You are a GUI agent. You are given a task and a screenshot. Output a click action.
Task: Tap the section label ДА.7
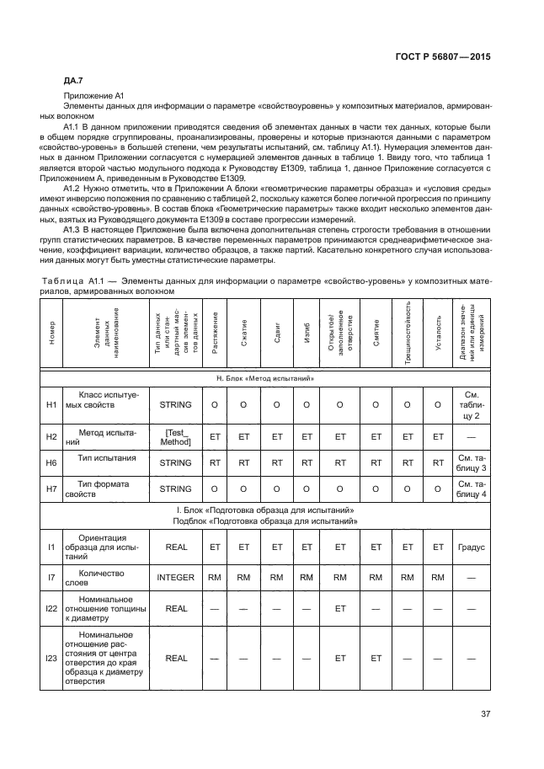[x=74, y=80]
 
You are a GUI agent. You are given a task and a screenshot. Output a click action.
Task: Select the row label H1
[x=51, y=405]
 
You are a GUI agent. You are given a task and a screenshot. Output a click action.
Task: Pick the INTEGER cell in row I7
[x=175, y=578]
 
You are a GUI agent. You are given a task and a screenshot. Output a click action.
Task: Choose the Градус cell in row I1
[x=471, y=547]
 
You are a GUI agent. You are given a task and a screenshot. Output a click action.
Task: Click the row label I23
[x=51, y=659]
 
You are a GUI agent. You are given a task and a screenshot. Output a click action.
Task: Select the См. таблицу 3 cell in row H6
[x=471, y=462]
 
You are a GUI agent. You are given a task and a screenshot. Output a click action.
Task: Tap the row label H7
[x=51, y=489]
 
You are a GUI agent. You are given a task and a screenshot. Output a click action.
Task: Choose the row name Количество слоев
[x=100, y=578]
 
